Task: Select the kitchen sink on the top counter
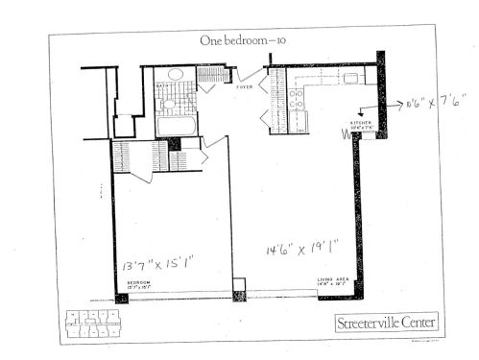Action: (317, 78)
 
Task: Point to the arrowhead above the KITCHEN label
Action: (362, 111)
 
